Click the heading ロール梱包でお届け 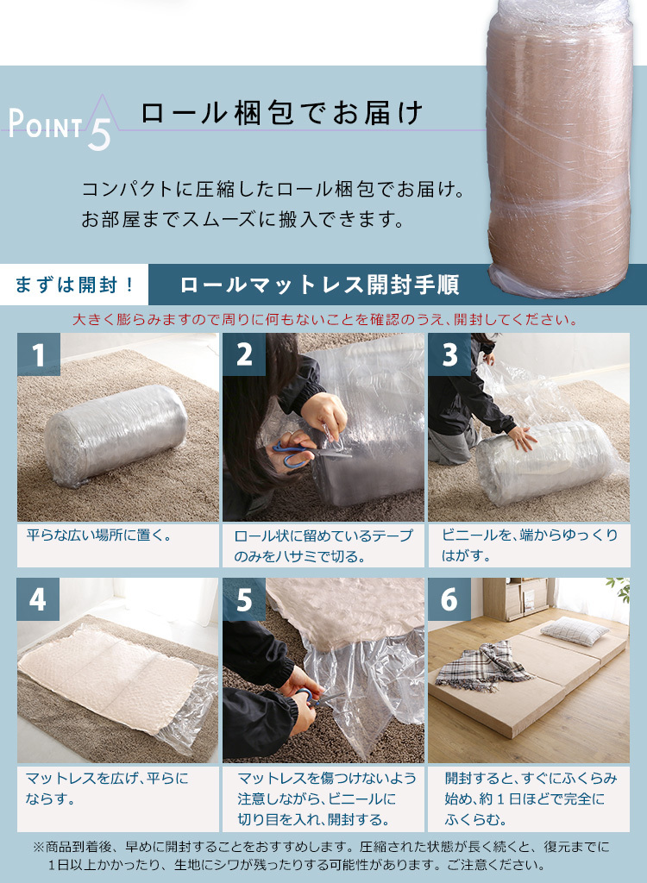point(281,114)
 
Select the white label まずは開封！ point(75,285)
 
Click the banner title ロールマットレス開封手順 point(319,285)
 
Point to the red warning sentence point(323,320)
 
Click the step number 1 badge point(38,355)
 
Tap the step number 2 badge point(244,355)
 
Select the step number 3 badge point(449,355)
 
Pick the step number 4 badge point(38,599)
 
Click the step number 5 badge point(244,599)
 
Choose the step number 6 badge point(449,599)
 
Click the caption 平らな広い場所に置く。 point(99,535)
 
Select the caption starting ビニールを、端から point(529,545)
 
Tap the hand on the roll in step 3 point(523,438)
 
